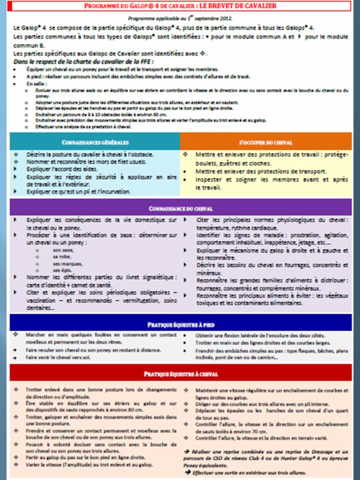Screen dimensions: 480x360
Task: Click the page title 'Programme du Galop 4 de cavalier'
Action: [180, 6]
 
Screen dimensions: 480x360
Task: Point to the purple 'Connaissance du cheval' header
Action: [180, 209]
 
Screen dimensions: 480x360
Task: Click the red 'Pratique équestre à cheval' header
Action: [180, 374]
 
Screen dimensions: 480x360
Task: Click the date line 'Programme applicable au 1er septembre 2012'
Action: [180, 18]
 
